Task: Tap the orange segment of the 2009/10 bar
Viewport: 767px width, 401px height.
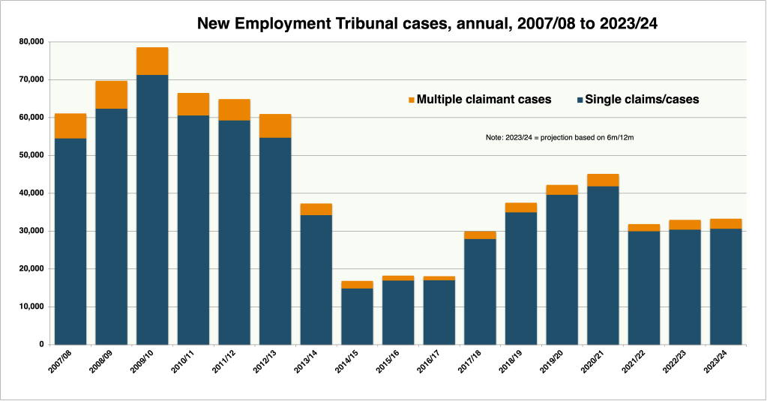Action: pyautogui.click(x=152, y=61)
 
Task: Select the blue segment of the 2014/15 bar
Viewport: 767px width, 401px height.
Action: pyautogui.click(x=357, y=316)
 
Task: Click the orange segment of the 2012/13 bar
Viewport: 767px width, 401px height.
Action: pyautogui.click(x=275, y=126)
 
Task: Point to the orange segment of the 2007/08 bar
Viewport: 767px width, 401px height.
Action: pyautogui.click(x=70, y=126)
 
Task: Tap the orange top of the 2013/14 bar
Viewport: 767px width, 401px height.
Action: pyautogui.click(x=316, y=209)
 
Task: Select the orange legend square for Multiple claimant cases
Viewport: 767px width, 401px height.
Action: pyautogui.click(x=411, y=100)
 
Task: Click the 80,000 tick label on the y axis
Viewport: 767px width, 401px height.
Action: pyautogui.click(x=31, y=41)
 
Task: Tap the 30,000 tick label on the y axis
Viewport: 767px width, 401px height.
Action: pyautogui.click(x=31, y=231)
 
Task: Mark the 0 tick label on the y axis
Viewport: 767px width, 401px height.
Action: pyautogui.click(x=42, y=345)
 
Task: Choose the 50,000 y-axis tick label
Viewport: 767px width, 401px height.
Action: pyautogui.click(x=31, y=155)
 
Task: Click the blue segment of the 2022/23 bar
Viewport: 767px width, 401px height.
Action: pyautogui.click(x=685, y=287)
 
